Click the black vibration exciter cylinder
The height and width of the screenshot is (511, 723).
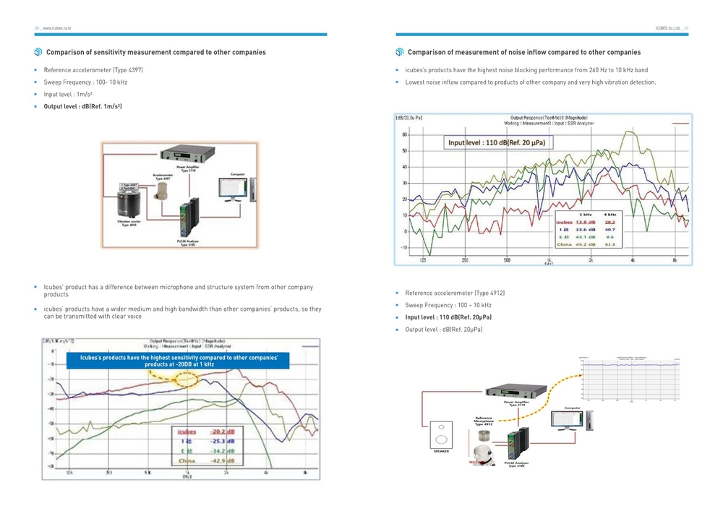point(133,199)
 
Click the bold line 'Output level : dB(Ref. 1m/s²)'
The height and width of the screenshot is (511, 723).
point(82,107)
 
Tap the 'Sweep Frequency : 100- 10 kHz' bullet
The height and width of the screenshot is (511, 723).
point(85,82)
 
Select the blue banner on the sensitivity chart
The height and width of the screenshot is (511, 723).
point(178,361)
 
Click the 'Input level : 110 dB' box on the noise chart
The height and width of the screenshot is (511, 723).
point(496,142)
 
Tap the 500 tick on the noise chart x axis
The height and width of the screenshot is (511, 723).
point(507,259)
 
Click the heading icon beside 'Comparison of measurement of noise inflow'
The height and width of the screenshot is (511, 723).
point(399,52)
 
